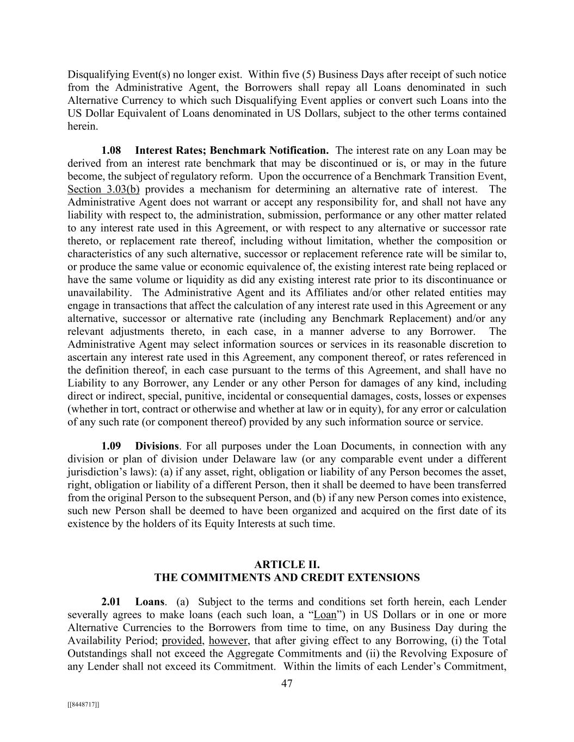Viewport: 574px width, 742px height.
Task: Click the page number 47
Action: [x=287, y=684]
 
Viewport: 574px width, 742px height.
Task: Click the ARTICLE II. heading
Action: [x=287, y=565]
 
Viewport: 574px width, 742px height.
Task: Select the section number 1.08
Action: [x=111, y=151]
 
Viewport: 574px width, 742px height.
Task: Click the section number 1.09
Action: [x=111, y=446]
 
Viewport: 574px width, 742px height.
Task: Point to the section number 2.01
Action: [x=111, y=602]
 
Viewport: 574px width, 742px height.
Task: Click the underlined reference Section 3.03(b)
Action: [x=103, y=189]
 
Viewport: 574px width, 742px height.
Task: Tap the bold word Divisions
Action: [x=157, y=446]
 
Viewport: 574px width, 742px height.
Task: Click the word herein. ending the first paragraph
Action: [x=83, y=127]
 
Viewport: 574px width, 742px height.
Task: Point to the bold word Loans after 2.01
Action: [x=150, y=602]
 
